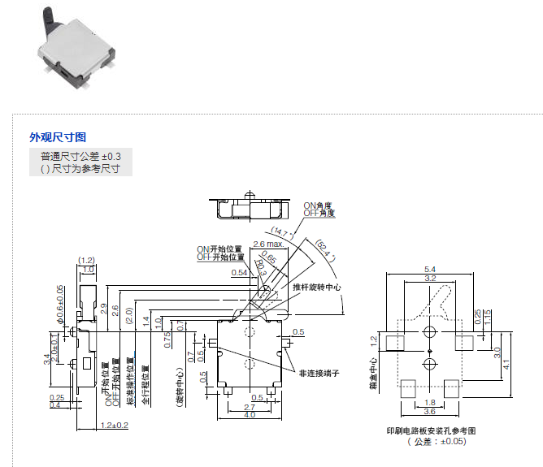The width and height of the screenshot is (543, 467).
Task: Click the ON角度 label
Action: coord(319,206)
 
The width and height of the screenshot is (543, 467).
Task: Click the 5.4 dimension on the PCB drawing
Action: coord(431,269)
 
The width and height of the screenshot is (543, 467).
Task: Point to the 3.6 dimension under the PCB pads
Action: coord(431,411)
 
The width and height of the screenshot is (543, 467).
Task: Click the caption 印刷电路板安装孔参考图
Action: coord(431,430)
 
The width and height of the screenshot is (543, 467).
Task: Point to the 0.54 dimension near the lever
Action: coord(239,273)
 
